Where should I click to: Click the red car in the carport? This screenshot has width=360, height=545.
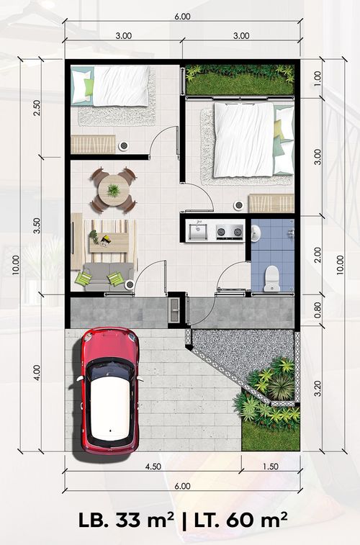tap(110, 390)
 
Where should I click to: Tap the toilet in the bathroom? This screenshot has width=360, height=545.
tap(271, 279)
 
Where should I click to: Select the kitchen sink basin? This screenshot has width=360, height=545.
tap(198, 231)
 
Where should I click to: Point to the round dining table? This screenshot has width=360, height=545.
tap(114, 191)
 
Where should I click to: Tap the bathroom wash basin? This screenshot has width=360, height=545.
tap(256, 233)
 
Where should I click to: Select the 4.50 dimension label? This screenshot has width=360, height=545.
tap(153, 467)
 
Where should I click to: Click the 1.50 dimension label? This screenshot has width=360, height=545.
tap(270, 467)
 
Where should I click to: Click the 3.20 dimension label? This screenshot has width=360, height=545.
tap(318, 388)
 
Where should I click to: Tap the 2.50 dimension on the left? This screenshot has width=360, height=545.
tap(37, 108)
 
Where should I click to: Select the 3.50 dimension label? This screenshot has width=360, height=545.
tap(37, 225)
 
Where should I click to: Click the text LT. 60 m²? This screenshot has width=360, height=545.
tap(240, 521)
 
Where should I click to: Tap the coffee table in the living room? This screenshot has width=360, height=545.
tap(109, 242)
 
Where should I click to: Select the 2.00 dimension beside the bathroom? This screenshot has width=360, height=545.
tap(318, 256)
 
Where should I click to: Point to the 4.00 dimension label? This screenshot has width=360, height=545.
tap(37, 373)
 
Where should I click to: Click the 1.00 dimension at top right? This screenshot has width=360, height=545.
tap(318, 78)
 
